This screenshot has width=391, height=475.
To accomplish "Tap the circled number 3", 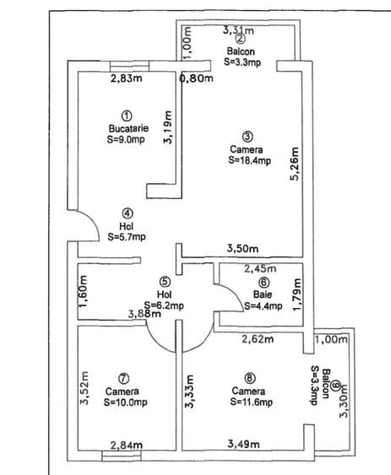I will (247, 136).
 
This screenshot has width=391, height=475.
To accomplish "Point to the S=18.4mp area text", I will (250, 160).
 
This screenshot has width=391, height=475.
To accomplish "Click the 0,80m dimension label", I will (198, 80).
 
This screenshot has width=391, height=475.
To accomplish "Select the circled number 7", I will (123, 378).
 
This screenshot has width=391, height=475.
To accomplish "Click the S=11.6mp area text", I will (251, 402).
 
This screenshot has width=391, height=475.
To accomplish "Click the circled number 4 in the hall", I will (126, 213).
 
